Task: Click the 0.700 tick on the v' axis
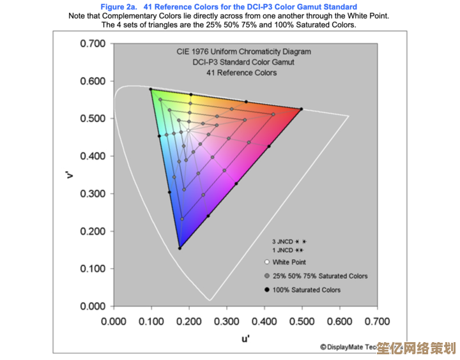93,43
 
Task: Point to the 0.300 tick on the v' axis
93,193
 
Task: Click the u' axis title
245,339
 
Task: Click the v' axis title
70,174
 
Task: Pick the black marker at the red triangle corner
302,109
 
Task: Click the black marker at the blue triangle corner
180,248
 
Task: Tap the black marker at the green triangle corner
151,89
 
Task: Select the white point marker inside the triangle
188,131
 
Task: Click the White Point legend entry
289,262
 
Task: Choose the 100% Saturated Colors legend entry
306,290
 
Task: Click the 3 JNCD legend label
282,242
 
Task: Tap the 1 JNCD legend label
282,251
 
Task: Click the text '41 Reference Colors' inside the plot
241,73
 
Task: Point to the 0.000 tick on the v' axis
93,306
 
